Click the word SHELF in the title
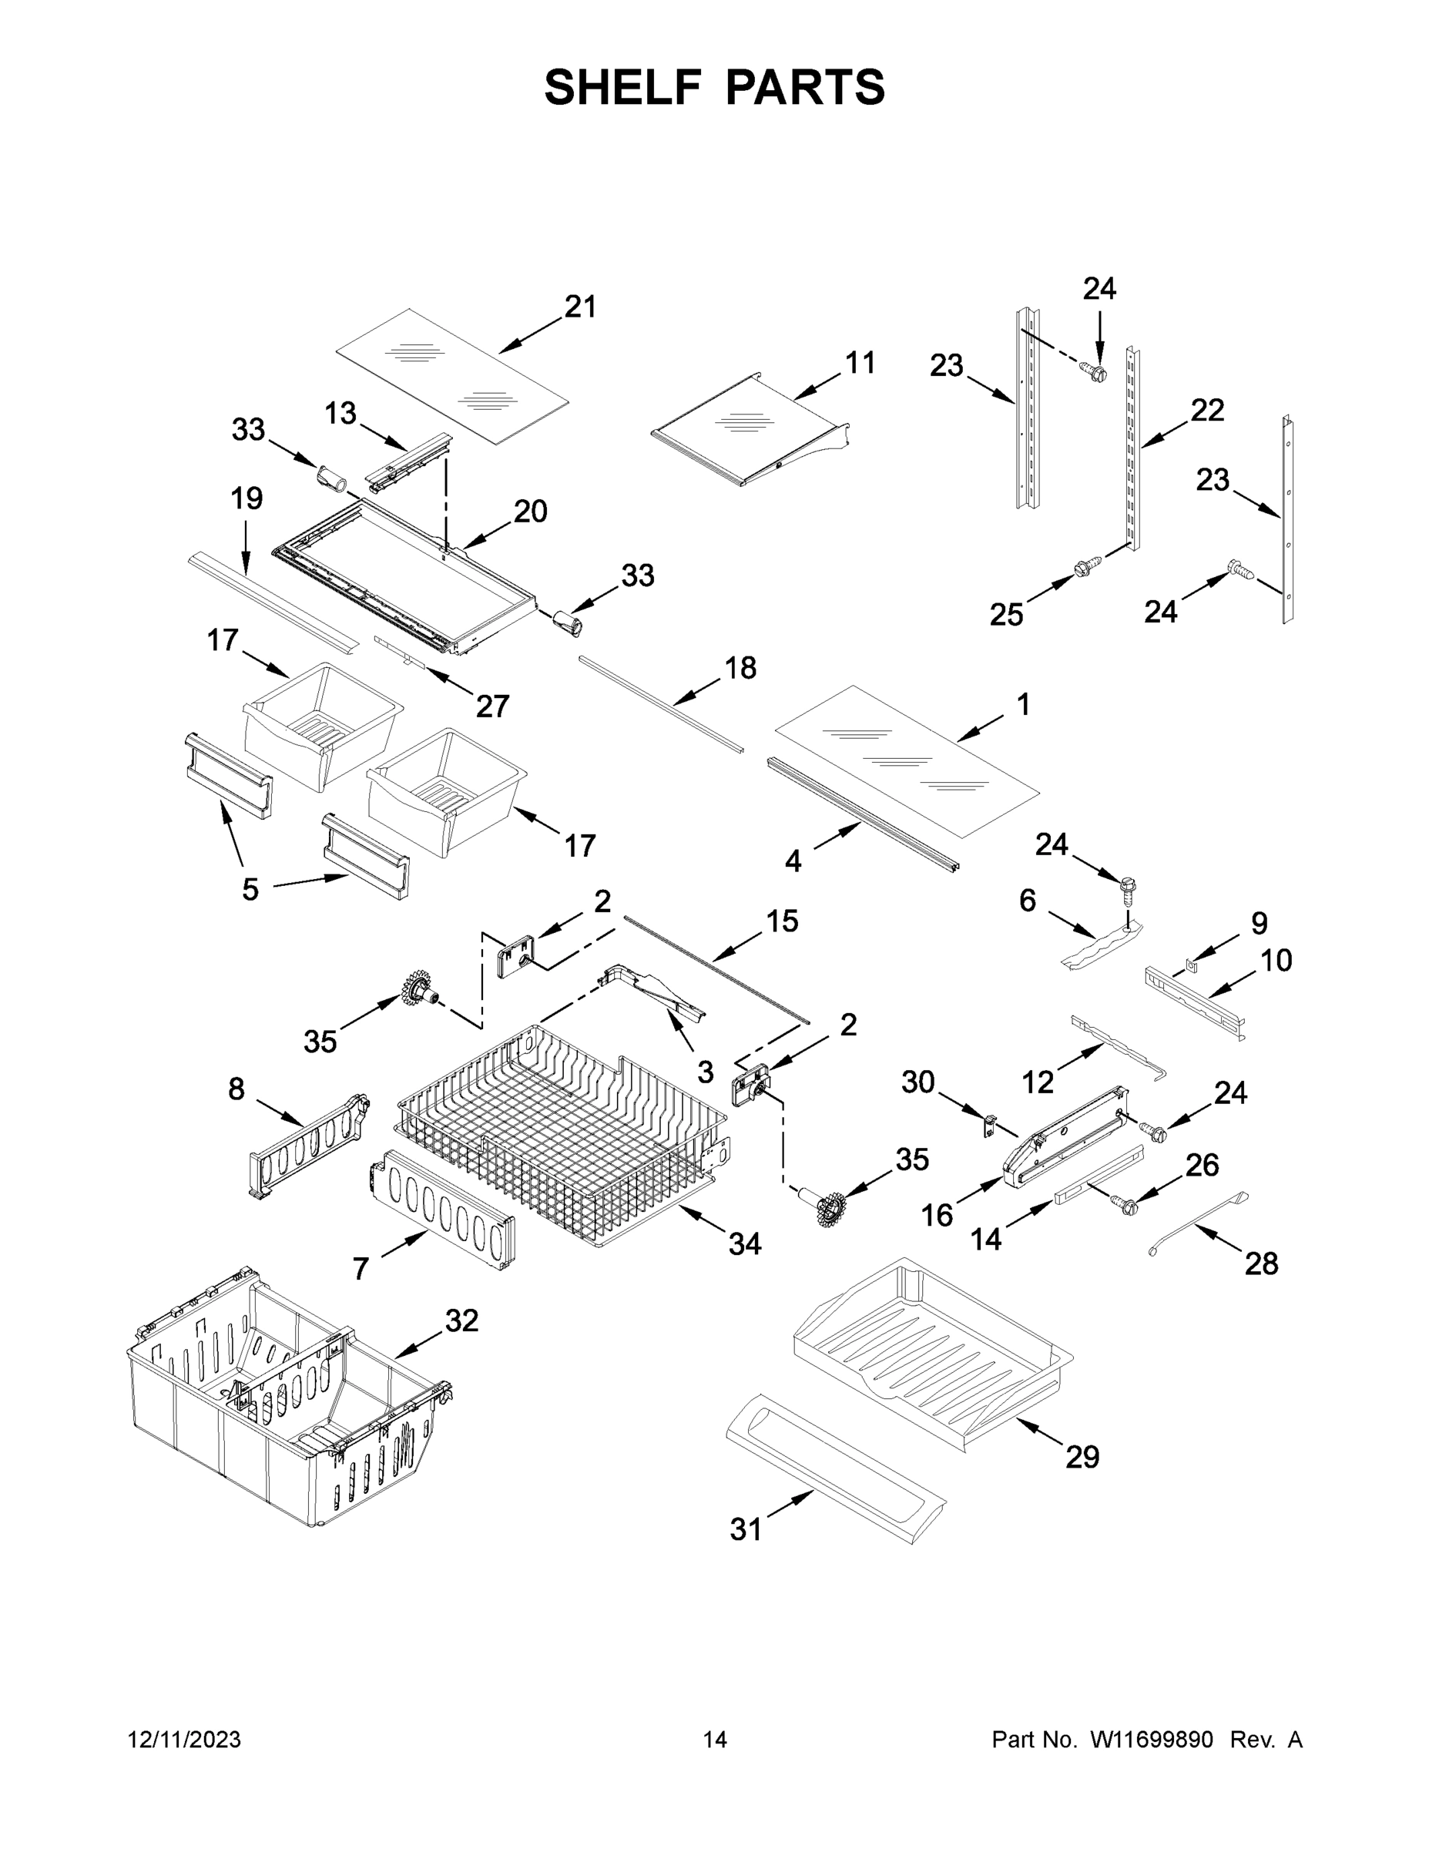[623, 87]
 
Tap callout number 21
[580, 307]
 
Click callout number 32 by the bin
[461, 1320]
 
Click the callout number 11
[860, 363]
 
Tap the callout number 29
[1082, 1457]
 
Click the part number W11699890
[1152, 1740]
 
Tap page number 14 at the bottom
[715, 1740]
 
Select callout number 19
[247, 498]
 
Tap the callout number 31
[746, 1530]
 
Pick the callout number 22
[1207, 411]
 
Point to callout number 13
[340, 414]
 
